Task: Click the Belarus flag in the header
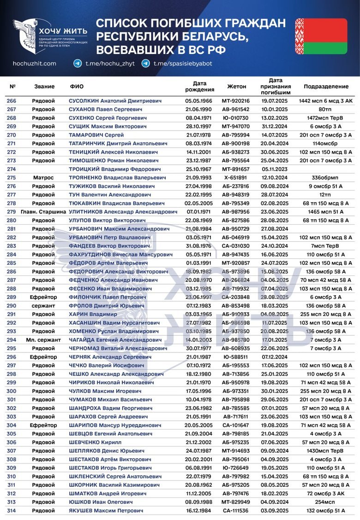click(321, 36)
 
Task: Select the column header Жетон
click(236, 86)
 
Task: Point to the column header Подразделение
click(326, 86)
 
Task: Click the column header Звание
click(44, 86)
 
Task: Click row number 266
click(11, 101)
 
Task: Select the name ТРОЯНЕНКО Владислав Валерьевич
click(118, 177)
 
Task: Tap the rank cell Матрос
click(43, 177)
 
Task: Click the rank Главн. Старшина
click(43, 211)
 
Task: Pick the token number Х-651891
click(236, 177)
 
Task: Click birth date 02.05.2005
click(198, 203)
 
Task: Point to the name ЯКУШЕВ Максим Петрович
click(106, 510)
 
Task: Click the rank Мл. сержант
click(43, 340)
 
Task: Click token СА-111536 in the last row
click(236, 510)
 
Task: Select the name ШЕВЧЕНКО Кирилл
click(95, 442)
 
